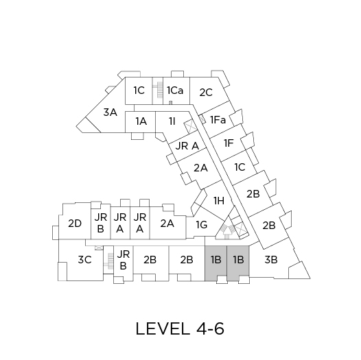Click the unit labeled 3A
pyautogui.click(x=110, y=112)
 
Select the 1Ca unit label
pyautogui.click(x=175, y=91)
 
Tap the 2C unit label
pyautogui.click(x=206, y=93)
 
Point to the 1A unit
pyautogui.click(x=141, y=121)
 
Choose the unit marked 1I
pyautogui.click(x=172, y=121)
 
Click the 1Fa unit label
pyautogui.click(x=218, y=120)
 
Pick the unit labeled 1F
pyautogui.click(x=229, y=143)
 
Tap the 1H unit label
pyautogui.click(x=219, y=201)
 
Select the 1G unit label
pyautogui.click(x=202, y=225)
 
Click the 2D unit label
pyautogui.click(x=75, y=224)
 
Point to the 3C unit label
pyautogui.click(x=84, y=260)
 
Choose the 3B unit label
pyautogui.click(x=271, y=260)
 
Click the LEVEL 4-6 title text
pyautogui.click(x=180, y=328)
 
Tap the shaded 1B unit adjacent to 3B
pyautogui.click(x=238, y=263)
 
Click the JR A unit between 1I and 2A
pyautogui.click(x=187, y=146)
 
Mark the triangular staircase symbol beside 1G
pyautogui.click(x=227, y=229)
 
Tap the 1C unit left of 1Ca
pyautogui.click(x=139, y=91)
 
